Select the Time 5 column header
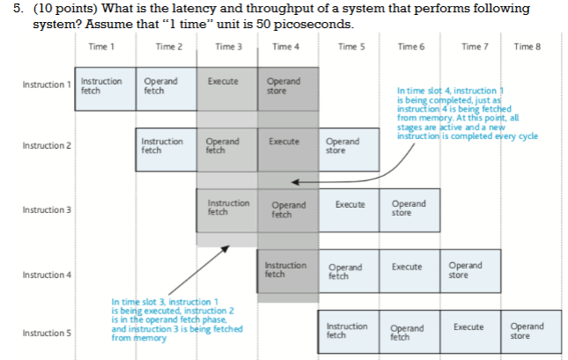(348, 46)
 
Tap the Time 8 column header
(527, 46)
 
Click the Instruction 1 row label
(47, 85)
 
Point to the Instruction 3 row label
(47, 210)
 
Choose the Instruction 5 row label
(47, 333)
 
